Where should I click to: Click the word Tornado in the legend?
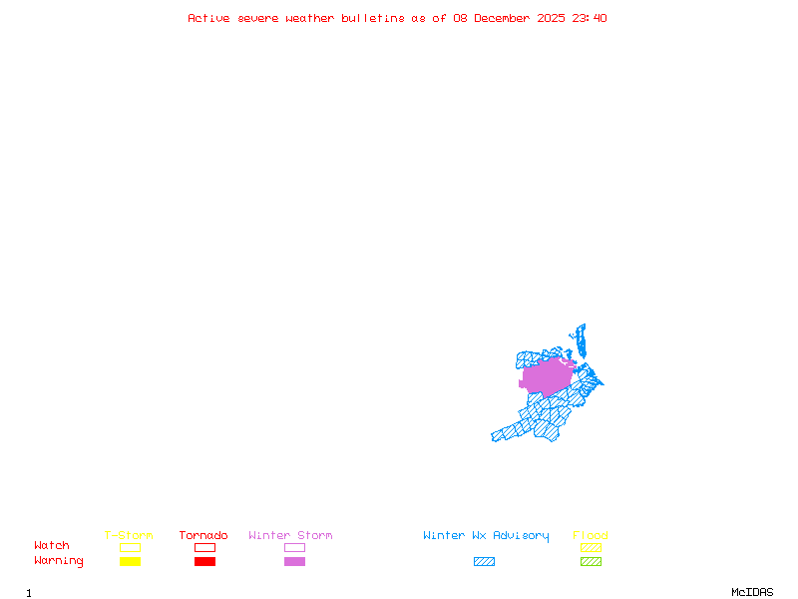coord(203,536)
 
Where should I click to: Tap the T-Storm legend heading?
coord(129,536)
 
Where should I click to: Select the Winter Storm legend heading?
coord(290,536)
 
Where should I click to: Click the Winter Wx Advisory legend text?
coord(486,536)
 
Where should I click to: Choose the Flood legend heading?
coord(591,536)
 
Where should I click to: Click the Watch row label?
coord(52,546)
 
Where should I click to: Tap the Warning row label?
coord(59,561)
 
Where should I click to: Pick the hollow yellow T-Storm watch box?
coord(130,547)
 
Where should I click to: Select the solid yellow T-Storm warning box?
coord(130,562)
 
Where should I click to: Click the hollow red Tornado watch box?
coord(204,547)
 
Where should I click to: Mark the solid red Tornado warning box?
coord(204,562)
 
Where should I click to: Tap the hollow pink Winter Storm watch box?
coord(294,547)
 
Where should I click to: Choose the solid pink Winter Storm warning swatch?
coord(294,562)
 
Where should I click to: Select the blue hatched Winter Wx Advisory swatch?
coord(484,562)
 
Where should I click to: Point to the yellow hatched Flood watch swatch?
coord(591,547)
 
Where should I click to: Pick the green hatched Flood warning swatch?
coord(591,562)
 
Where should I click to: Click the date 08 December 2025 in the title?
coord(510,18)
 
